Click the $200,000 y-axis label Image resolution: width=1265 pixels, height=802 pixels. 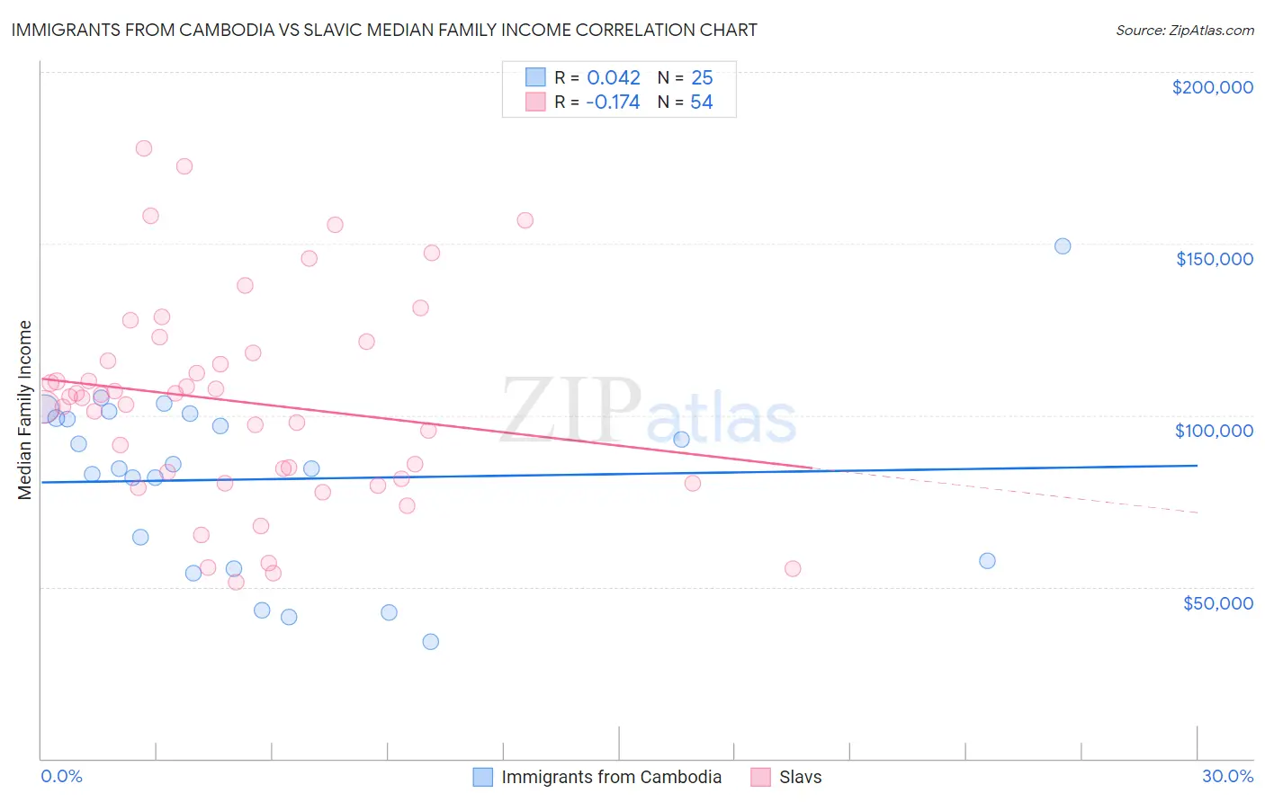click(x=1212, y=87)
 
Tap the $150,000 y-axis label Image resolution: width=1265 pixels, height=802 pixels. click(x=1214, y=259)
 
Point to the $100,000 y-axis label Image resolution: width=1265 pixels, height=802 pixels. click(x=1214, y=431)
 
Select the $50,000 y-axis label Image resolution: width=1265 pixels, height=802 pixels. click(x=1217, y=602)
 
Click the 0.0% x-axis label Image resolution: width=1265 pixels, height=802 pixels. click(x=61, y=776)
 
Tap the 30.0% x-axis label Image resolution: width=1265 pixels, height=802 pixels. click(x=1227, y=776)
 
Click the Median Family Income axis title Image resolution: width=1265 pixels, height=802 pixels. click(x=25, y=410)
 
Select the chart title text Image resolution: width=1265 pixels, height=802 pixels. click(x=384, y=30)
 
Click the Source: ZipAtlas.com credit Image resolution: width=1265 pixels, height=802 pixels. click(x=1184, y=30)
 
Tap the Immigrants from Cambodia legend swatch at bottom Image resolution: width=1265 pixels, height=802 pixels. click(x=483, y=777)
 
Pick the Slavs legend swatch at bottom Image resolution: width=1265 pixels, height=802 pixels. click(x=761, y=777)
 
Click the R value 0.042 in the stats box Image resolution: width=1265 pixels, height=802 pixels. click(x=614, y=77)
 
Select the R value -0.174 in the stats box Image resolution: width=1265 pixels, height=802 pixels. click(x=613, y=102)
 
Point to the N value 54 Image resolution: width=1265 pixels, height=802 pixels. click(x=702, y=102)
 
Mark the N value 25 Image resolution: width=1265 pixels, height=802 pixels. click(x=702, y=77)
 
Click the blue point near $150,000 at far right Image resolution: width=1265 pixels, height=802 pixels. click(x=1063, y=246)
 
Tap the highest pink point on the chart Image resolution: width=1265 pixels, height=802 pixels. click(x=144, y=148)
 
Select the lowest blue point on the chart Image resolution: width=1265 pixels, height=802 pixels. click(x=431, y=642)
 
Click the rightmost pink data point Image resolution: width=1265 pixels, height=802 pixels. click(x=793, y=568)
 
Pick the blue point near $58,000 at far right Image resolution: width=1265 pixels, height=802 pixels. click(x=987, y=561)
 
